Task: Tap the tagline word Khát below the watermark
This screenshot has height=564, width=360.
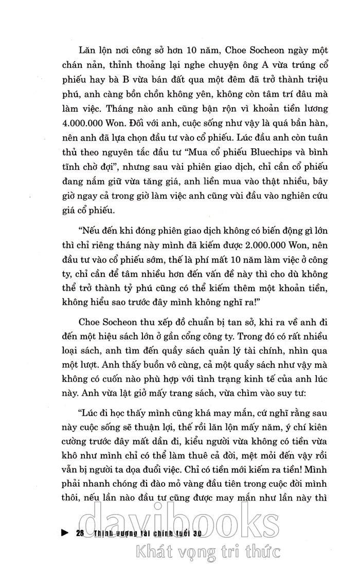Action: coord(150,552)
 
